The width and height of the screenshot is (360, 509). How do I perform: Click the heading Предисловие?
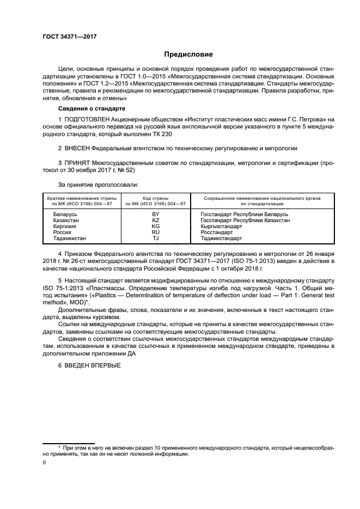[x=188, y=54]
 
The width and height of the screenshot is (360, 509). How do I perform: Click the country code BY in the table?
[x=155, y=215]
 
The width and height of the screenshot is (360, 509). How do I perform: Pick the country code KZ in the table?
[x=155, y=221]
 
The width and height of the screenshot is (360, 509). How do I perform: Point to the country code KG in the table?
[x=155, y=226]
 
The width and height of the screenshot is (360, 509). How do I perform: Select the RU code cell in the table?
[x=155, y=232]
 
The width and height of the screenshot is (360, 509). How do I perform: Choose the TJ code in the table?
[x=155, y=238]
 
